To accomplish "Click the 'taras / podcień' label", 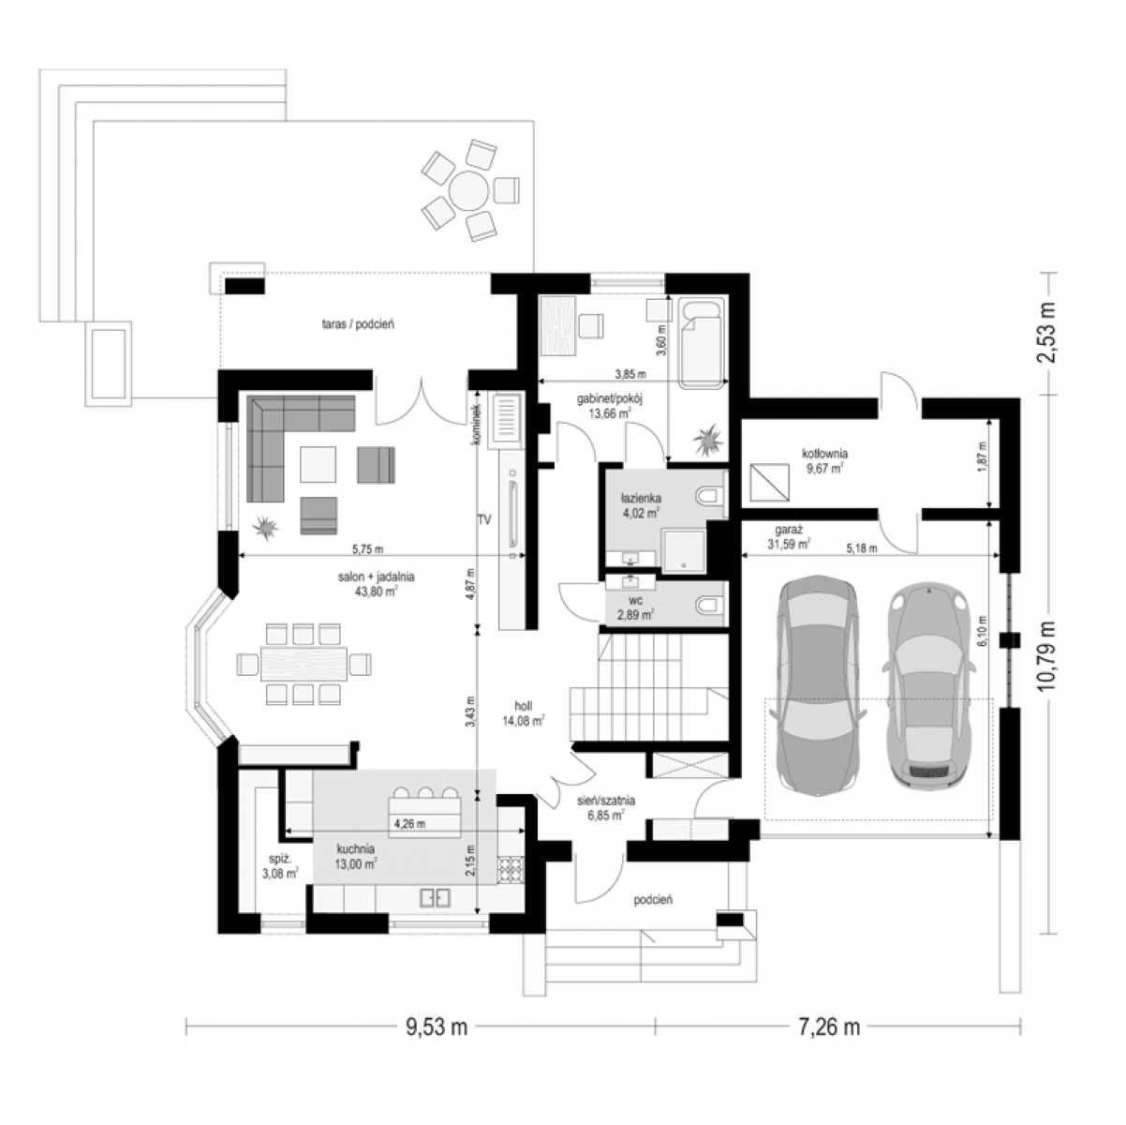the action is pyautogui.click(x=358, y=323).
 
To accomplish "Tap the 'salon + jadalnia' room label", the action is pyautogui.click(x=377, y=577).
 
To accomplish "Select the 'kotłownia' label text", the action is pyautogui.click(x=824, y=453).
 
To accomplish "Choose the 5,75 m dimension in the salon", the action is pyautogui.click(x=367, y=549).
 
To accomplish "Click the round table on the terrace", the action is pyautogui.click(x=468, y=189).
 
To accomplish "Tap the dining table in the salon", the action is pyautogui.click(x=304, y=665).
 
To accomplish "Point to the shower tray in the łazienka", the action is pyautogui.click(x=683, y=550).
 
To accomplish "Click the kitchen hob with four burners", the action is pyautogui.click(x=511, y=870).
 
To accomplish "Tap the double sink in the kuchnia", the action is pyautogui.click(x=436, y=897).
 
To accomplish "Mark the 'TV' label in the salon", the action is pyautogui.click(x=483, y=519).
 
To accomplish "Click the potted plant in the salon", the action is pyautogui.click(x=265, y=528).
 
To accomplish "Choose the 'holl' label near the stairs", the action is pyautogui.click(x=523, y=706).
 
